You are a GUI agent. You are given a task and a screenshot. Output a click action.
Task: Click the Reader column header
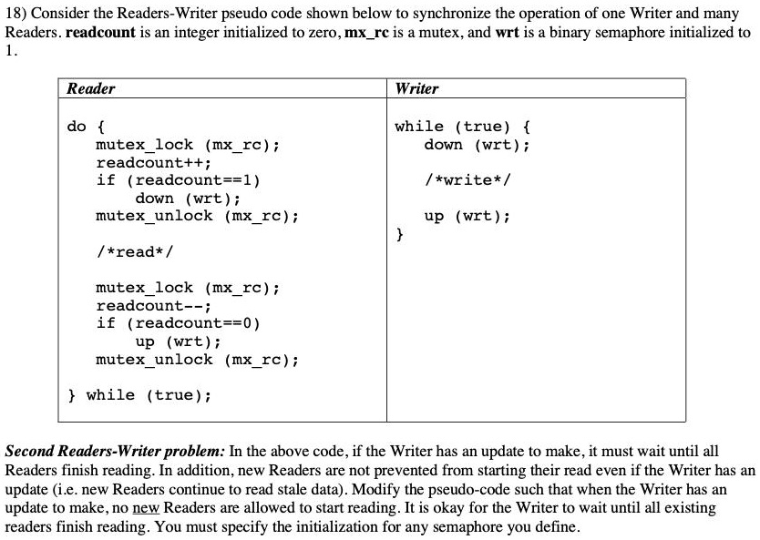tap(90, 88)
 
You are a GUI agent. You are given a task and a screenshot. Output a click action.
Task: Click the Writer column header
tap(416, 88)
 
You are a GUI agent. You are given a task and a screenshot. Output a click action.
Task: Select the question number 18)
tap(15, 14)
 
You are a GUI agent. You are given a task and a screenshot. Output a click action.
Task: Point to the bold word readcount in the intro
tap(100, 33)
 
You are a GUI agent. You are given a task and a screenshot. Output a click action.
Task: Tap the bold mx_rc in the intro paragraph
tap(366, 33)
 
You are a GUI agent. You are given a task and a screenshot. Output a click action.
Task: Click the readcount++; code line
tap(153, 163)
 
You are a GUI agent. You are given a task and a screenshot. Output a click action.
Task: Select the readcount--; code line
tap(153, 306)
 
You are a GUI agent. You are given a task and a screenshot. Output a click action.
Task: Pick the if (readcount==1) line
tap(178, 180)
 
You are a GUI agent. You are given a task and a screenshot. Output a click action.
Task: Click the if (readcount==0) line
tap(178, 323)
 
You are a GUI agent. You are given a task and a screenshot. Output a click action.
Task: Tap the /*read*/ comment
tap(134, 252)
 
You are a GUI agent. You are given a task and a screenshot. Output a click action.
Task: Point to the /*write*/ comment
tap(467, 180)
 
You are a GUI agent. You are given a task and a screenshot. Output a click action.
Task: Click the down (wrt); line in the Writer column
tap(477, 145)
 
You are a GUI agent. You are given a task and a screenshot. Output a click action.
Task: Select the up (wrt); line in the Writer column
tap(467, 216)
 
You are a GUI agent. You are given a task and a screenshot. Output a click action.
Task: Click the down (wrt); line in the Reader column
tap(188, 199)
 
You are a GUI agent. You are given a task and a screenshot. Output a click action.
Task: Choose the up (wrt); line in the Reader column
tap(178, 341)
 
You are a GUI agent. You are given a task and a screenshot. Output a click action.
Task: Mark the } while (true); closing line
tap(139, 395)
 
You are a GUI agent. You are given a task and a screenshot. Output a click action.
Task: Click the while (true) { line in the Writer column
tap(462, 127)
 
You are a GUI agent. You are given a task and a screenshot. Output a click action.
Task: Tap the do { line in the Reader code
tap(86, 127)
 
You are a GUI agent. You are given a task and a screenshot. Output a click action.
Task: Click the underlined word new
tap(146, 508)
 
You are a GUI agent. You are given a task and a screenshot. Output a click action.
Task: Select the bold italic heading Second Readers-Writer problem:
tap(115, 452)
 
